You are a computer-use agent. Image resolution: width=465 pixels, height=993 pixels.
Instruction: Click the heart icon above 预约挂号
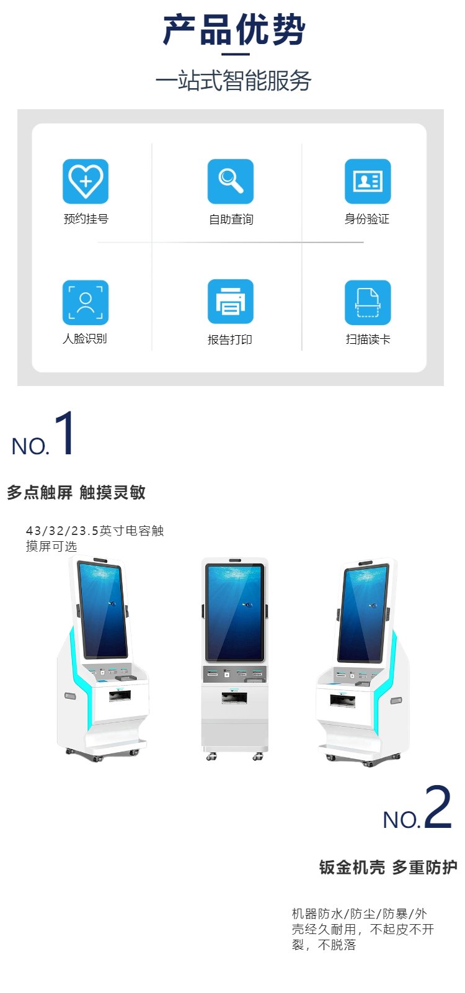click(x=86, y=181)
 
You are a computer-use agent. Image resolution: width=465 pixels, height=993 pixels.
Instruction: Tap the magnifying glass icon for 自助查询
click(x=230, y=181)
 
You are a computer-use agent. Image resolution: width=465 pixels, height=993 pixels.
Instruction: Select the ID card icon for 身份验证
click(x=368, y=181)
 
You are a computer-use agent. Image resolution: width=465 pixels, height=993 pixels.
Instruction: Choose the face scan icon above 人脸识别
click(x=86, y=302)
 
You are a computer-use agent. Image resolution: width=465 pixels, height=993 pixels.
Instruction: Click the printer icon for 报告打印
click(x=230, y=302)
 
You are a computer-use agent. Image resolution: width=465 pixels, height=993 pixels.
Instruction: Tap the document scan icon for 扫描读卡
click(x=368, y=302)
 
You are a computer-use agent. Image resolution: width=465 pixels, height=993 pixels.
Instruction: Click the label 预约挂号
click(x=86, y=218)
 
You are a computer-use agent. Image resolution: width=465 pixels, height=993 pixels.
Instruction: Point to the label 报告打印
click(x=230, y=339)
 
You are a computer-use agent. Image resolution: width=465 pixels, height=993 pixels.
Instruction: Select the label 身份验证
click(x=366, y=218)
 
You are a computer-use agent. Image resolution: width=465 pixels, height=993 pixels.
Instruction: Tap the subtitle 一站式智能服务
click(x=233, y=80)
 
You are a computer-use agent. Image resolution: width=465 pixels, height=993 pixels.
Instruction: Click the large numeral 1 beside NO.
click(x=64, y=433)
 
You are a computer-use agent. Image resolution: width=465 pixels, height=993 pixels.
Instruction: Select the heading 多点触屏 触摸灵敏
click(x=76, y=493)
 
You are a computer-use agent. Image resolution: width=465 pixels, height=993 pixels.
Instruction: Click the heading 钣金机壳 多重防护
click(x=388, y=867)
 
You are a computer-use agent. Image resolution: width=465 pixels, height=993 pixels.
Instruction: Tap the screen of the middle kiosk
click(x=235, y=612)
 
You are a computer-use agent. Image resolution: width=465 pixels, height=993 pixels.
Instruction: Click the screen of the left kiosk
click(x=102, y=609)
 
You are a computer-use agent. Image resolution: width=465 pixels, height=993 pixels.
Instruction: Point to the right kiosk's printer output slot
click(x=342, y=701)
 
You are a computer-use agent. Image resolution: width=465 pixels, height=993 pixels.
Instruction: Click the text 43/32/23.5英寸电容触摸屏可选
click(x=95, y=538)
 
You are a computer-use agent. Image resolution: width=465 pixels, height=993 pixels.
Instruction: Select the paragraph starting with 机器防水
click(x=363, y=929)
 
